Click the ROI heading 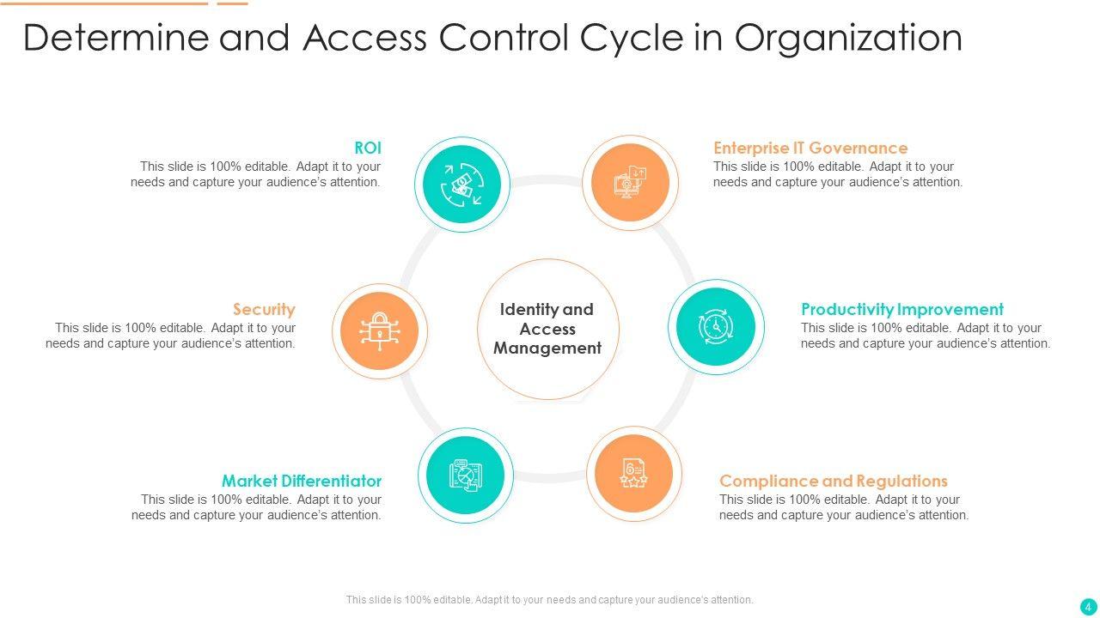[368, 148]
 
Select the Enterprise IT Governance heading [810, 148]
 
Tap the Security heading [264, 309]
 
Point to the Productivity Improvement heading [902, 309]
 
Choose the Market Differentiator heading [302, 481]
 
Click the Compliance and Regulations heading [834, 481]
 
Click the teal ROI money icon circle [462, 185]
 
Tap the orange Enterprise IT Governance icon [630, 183]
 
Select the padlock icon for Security [379, 330]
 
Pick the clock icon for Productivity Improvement [715, 327]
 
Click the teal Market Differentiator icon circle [466, 475]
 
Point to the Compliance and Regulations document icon [634, 474]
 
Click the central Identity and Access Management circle [547, 329]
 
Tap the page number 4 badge [1088, 606]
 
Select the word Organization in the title [848, 38]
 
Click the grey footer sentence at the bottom [550, 600]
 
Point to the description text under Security [171, 336]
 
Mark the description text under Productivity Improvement [926, 336]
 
